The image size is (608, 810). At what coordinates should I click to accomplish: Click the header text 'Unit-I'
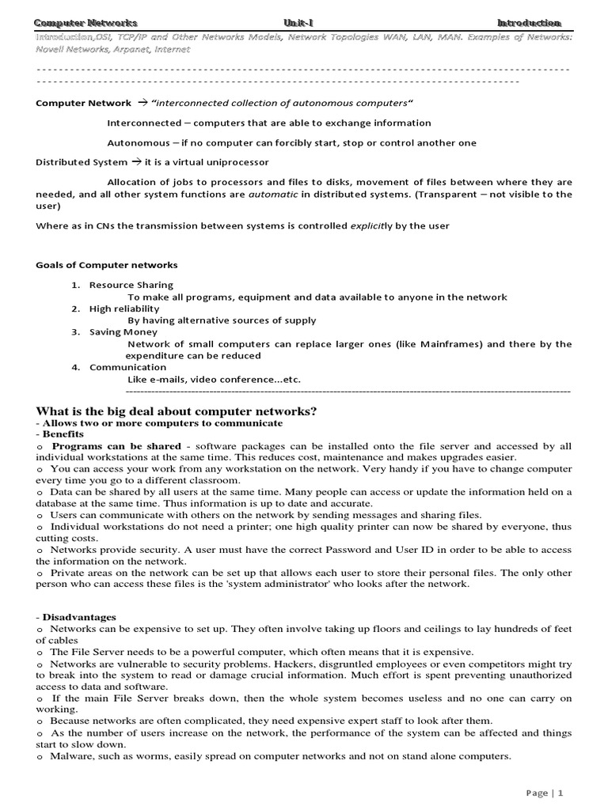click(x=303, y=23)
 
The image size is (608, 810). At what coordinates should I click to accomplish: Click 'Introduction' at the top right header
click(x=529, y=23)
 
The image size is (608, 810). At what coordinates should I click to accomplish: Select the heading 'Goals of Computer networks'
click(x=107, y=264)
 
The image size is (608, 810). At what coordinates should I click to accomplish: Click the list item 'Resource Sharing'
click(x=131, y=285)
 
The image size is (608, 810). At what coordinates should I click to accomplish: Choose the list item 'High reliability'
click(x=124, y=308)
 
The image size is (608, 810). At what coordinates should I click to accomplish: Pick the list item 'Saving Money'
click(x=123, y=332)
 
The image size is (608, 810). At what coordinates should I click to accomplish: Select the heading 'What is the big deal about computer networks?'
click(x=177, y=411)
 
